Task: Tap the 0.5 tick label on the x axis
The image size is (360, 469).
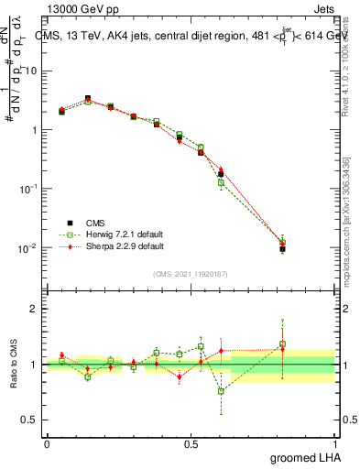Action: tap(191, 443)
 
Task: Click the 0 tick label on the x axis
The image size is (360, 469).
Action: tap(47, 443)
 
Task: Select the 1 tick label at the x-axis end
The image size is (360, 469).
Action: tap(336, 443)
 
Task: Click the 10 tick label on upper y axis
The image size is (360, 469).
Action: tap(31, 71)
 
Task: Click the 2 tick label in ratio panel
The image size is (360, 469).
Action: tap(35, 309)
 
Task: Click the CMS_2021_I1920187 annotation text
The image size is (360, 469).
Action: tap(191, 273)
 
